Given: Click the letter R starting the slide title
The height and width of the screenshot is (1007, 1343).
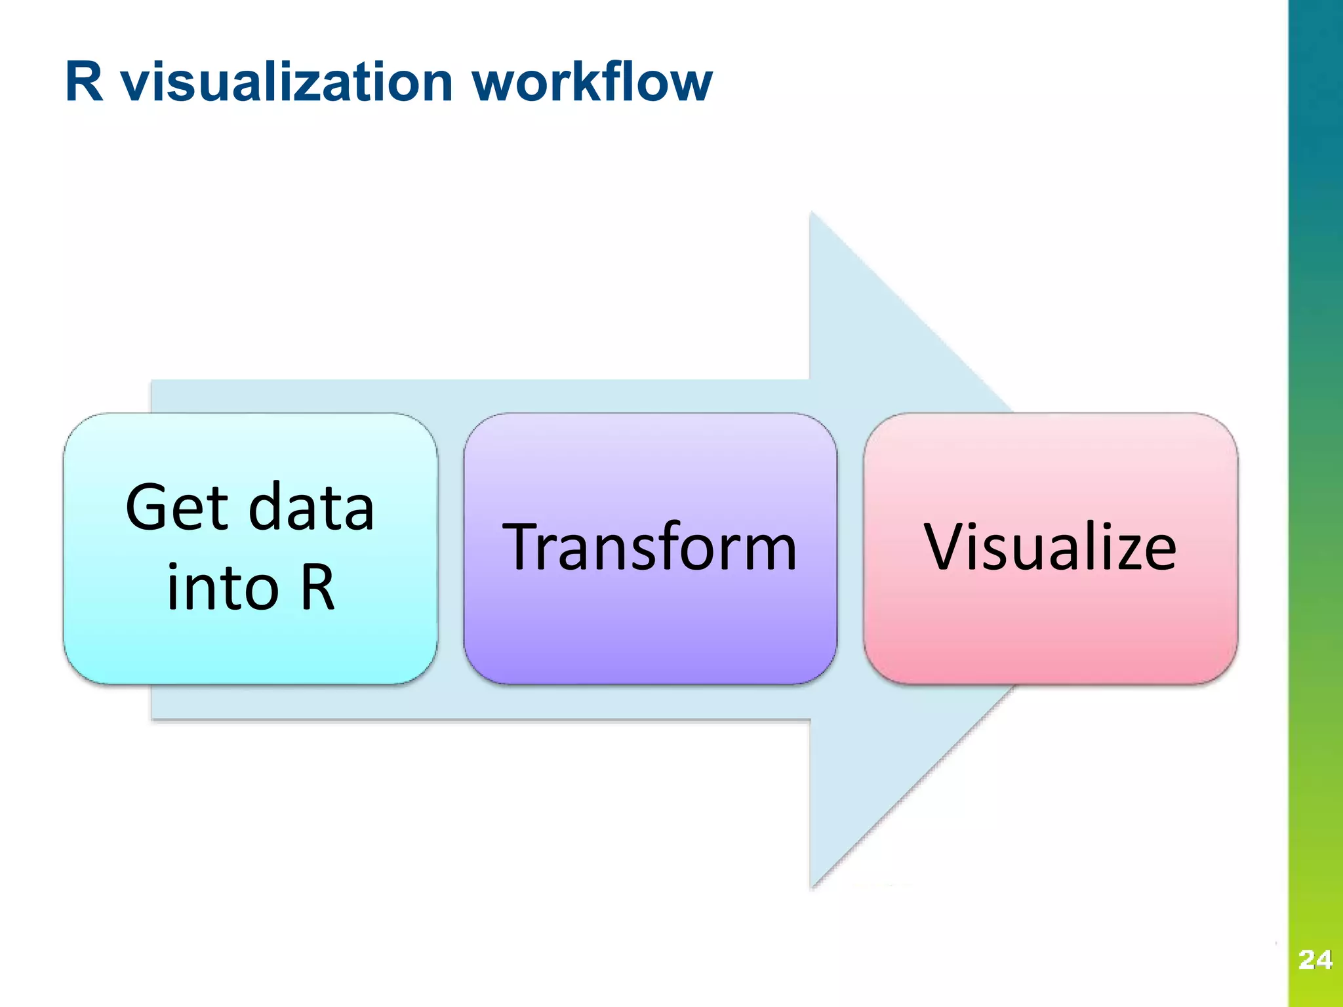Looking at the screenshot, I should tap(85, 82).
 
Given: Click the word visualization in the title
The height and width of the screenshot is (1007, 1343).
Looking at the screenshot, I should tap(288, 82).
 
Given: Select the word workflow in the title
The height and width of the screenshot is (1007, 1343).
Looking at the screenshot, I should tap(591, 82).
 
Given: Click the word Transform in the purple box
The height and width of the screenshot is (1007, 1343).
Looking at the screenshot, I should tap(649, 547).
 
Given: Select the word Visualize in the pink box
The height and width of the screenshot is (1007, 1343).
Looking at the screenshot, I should tap(1050, 547).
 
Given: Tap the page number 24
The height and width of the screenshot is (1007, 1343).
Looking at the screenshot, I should tap(1315, 960).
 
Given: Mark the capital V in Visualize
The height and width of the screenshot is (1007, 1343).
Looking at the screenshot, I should tap(945, 547).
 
